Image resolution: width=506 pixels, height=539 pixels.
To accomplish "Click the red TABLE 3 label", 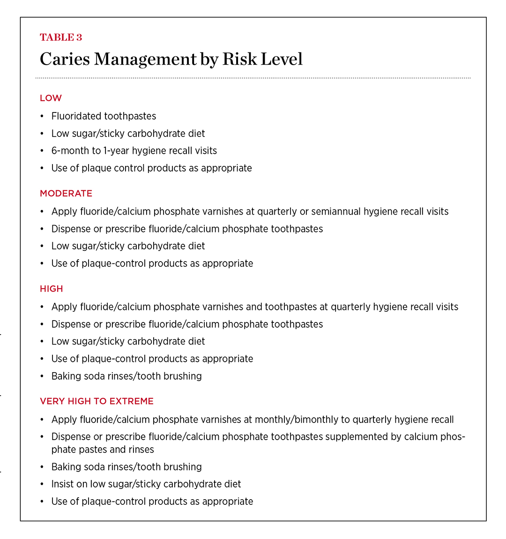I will (61, 37).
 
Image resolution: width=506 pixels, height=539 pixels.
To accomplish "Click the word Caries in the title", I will (64, 60).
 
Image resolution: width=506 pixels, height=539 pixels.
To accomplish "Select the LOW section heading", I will (51, 98).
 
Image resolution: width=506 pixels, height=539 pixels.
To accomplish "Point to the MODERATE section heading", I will (66, 194).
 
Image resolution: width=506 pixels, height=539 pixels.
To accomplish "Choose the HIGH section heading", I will (52, 289).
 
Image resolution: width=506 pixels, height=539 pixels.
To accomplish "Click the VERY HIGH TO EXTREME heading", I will (97, 401).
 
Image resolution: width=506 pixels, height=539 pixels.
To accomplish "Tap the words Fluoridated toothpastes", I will (104, 116).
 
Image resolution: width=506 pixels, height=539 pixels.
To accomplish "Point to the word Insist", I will (63, 484).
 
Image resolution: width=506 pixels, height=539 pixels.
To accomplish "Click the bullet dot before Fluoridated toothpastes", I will (42, 116).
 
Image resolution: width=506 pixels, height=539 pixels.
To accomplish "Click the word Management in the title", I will (152, 60).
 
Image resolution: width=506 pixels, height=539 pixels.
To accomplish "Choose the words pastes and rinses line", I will (103, 449).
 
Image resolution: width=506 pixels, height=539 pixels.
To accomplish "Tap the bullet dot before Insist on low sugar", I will (42, 484).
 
